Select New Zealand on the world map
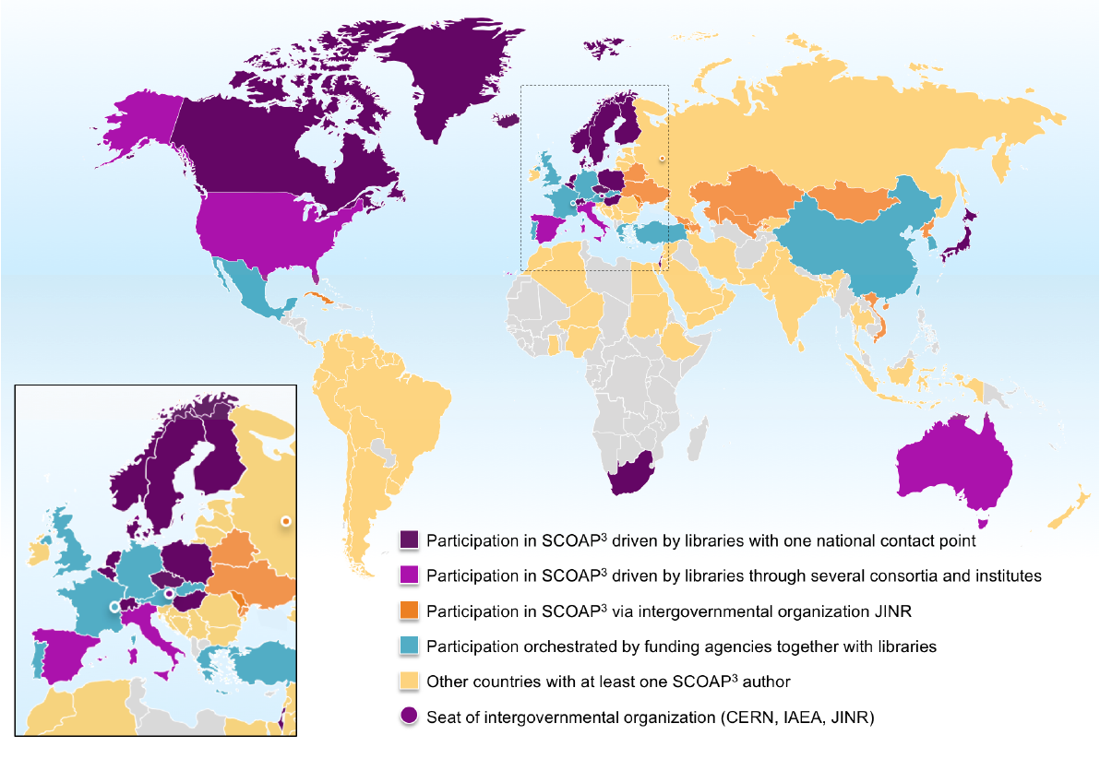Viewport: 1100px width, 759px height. [x=1070, y=512]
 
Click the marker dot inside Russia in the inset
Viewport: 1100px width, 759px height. [x=286, y=522]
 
